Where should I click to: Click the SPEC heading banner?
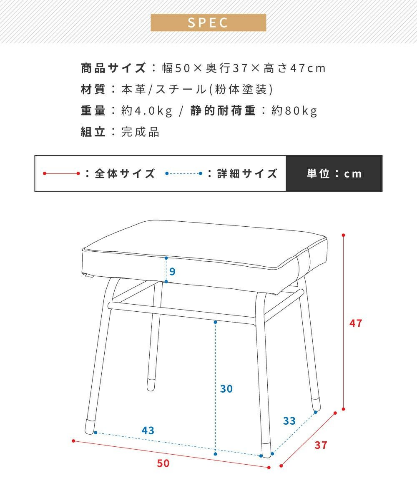(x=208, y=23)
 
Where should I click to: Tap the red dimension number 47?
(x=356, y=323)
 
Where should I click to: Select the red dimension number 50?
(x=163, y=463)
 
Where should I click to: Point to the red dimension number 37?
(x=321, y=445)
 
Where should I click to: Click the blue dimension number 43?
(x=148, y=430)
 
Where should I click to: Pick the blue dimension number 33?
(x=289, y=421)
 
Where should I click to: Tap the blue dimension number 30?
(x=226, y=389)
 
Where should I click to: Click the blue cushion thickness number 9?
(x=172, y=271)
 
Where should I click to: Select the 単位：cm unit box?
(x=334, y=173)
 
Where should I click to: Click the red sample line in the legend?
(x=61, y=173)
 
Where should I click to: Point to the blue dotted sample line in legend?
(x=184, y=173)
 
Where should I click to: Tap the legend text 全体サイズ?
(x=125, y=173)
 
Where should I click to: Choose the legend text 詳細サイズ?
(x=247, y=173)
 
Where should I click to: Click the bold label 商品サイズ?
(x=113, y=68)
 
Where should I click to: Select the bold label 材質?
(x=93, y=89)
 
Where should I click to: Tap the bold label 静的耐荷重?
(x=223, y=110)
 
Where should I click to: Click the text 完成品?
(x=140, y=132)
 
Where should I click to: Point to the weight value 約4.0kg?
(x=147, y=110)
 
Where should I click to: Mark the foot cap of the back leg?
(x=151, y=383)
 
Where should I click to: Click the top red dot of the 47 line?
(x=343, y=235)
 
